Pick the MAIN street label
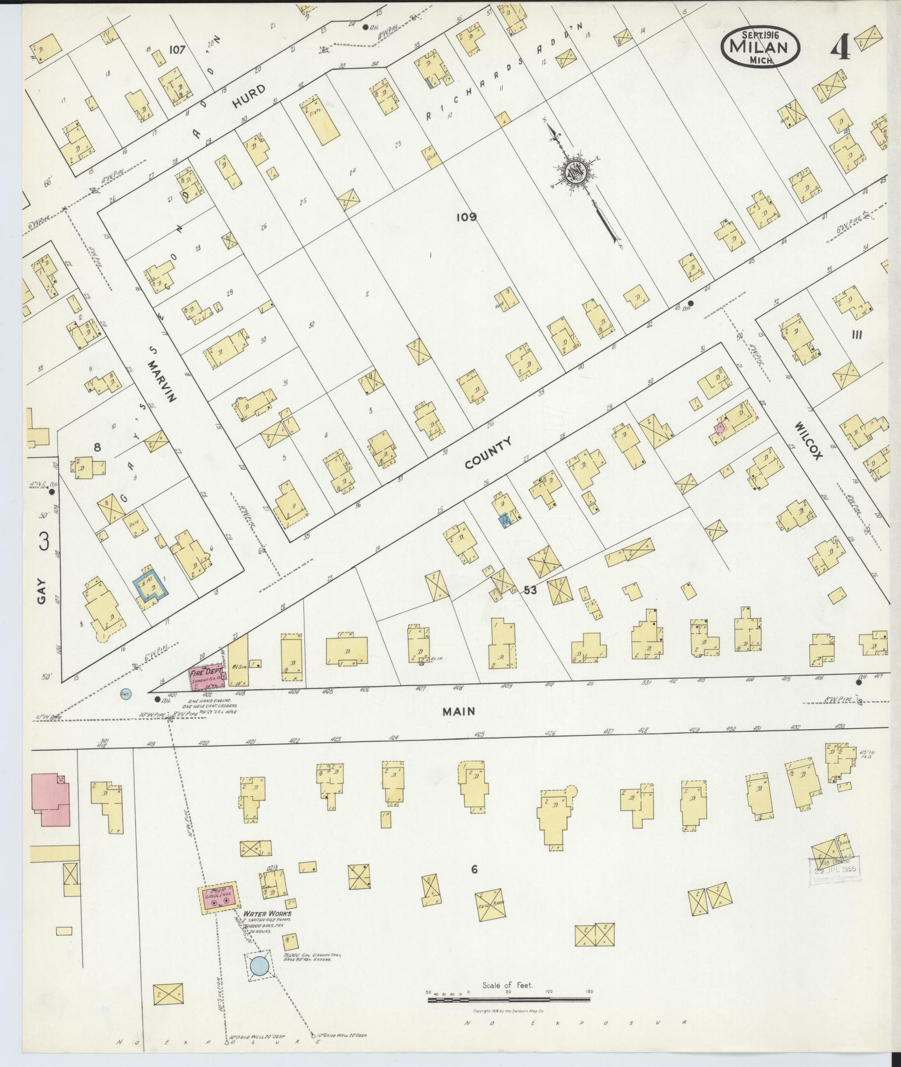[459, 711]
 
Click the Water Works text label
[267, 914]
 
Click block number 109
[466, 217]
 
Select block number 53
[530, 590]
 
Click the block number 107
[177, 49]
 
